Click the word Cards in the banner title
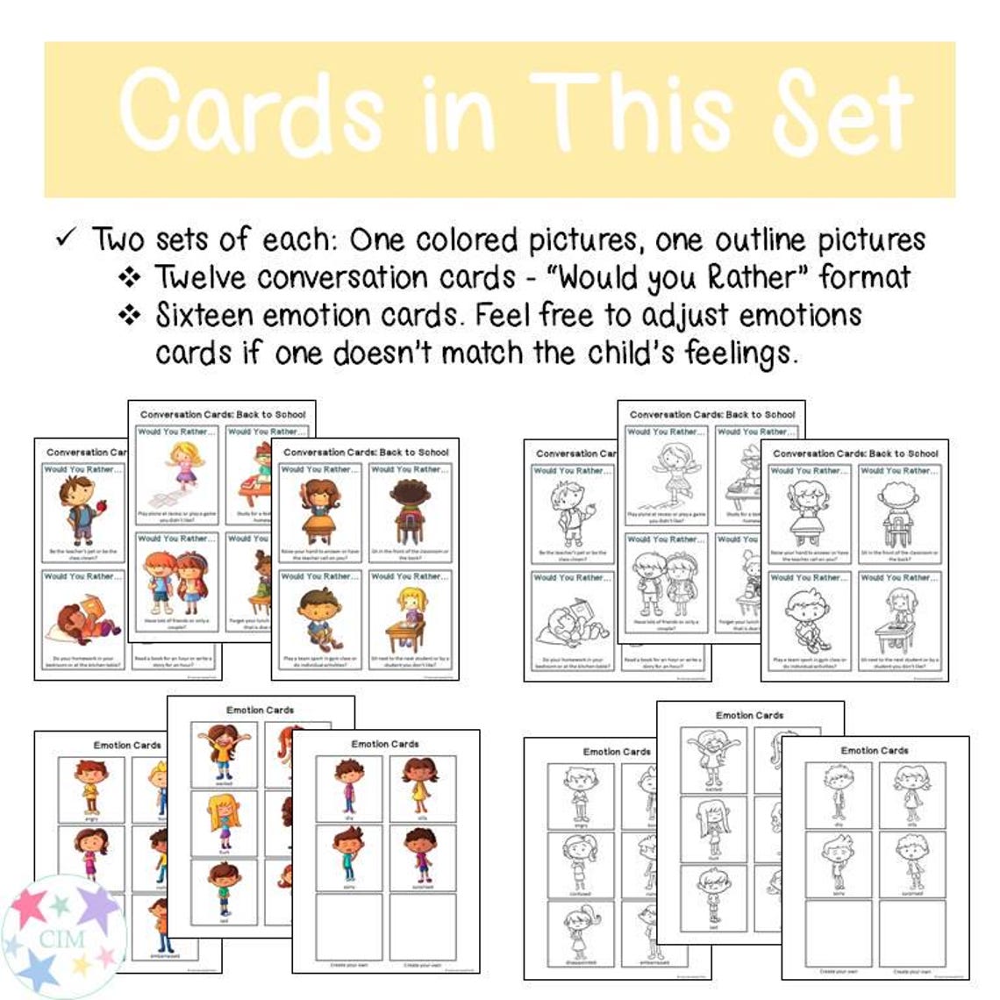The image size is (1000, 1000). (251, 111)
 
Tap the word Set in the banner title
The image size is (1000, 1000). (833, 111)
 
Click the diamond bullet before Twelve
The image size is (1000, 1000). (130, 278)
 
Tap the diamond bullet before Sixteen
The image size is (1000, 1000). (130, 315)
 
